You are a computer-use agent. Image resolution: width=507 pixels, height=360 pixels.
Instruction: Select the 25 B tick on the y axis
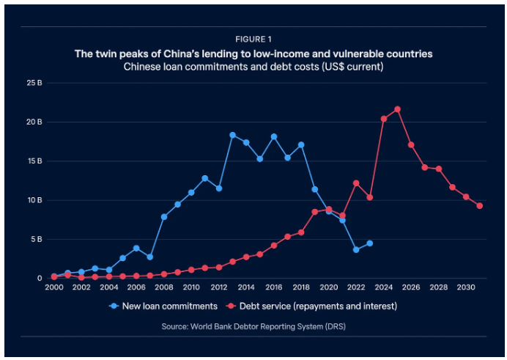(34, 83)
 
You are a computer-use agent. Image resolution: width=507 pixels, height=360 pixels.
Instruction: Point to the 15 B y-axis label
(34, 161)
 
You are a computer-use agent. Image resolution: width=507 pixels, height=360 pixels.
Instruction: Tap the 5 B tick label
(37, 239)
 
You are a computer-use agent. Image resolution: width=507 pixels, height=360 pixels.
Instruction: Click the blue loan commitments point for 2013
(232, 135)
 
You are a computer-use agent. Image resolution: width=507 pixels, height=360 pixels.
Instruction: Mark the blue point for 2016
(274, 136)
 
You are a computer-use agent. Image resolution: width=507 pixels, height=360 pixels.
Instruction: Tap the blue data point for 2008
(164, 217)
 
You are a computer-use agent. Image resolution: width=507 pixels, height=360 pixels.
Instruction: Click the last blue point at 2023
(370, 243)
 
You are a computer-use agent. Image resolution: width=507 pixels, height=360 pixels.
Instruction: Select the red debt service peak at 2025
(397, 109)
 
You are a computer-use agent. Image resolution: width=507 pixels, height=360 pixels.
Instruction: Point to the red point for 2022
(356, 183)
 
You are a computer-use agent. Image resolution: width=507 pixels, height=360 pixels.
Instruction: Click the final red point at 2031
(480, 206)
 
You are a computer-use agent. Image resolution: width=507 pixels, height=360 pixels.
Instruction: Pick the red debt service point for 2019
(315, 212)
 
